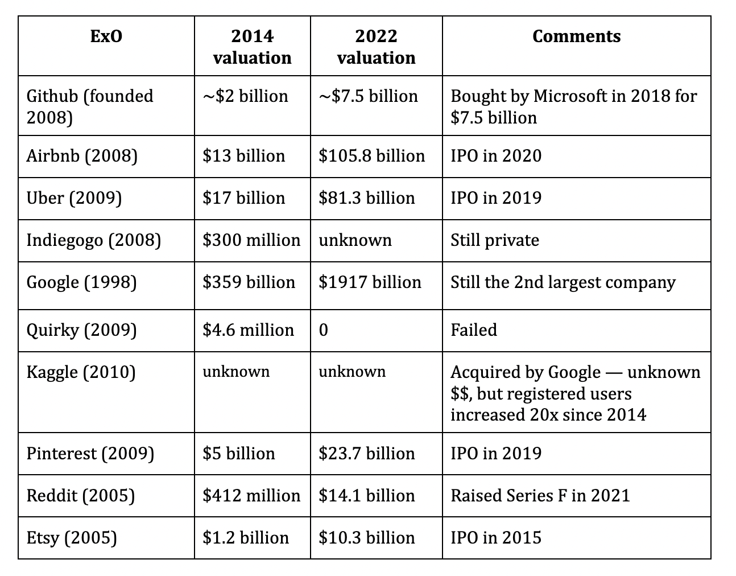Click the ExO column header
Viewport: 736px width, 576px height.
(106, 36)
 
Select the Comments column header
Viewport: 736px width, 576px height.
(576, 36)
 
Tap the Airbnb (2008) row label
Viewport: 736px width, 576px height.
(82, 156)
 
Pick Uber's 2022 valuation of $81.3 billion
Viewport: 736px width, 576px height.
(367, 198)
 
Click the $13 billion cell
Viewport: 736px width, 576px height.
(243, 156)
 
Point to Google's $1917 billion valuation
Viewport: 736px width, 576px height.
(370, 282)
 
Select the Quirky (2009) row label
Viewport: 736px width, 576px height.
(81, 330)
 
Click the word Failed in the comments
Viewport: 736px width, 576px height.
(474, 330)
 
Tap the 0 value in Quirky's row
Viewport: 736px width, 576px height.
(323, 330)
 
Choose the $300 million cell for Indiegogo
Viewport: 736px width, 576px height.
(251, 240)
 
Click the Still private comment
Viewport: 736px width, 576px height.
(495, 240)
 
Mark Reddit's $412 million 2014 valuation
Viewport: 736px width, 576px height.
(251, 496)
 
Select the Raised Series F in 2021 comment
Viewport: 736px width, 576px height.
(540, 496)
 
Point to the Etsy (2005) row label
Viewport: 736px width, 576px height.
(72, 538)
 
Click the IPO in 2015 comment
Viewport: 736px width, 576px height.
(496, 538)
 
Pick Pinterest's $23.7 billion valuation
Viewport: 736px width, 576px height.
(367, 454)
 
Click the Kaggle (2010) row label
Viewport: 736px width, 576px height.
(81, 372)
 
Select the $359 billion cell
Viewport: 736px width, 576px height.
(249, 282)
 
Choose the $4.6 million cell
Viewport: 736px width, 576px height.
(248, 330)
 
